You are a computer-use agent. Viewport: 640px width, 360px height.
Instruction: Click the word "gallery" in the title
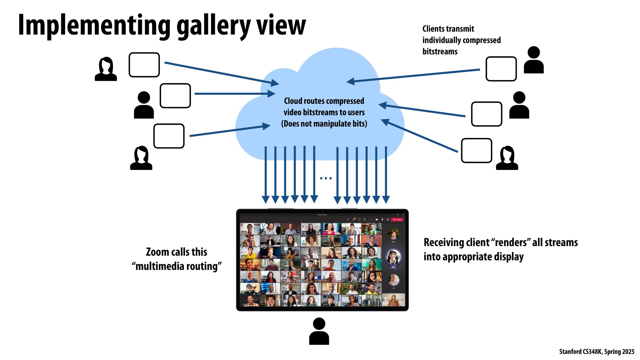tap(213, 26)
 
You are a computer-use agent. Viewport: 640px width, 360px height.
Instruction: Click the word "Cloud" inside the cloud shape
tap(294, 101)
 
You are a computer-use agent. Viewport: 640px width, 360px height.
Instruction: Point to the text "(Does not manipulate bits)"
tap(324, 124)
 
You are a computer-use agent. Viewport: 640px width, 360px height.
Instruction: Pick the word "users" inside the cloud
tap(356, 112)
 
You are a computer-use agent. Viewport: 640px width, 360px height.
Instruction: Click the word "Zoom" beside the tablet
tap(157, 252)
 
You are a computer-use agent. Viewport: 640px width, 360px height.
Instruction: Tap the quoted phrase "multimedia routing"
tap(177, 266)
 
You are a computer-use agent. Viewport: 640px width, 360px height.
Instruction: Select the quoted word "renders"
tap(510, 242)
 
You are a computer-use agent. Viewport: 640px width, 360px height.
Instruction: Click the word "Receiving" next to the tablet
tap(441, 242)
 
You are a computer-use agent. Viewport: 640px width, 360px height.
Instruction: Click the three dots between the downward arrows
tap(326, 178)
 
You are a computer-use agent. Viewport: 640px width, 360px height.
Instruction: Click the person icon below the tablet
tap(319, 331)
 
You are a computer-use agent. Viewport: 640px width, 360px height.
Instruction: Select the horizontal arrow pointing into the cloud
tap(234, 94)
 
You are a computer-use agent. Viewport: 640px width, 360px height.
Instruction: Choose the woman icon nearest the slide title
tap(106, 69)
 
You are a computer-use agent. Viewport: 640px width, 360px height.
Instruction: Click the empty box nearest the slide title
tap(144, 65)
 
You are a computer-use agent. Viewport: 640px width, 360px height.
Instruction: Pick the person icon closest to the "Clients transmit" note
tap(533, 60)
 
